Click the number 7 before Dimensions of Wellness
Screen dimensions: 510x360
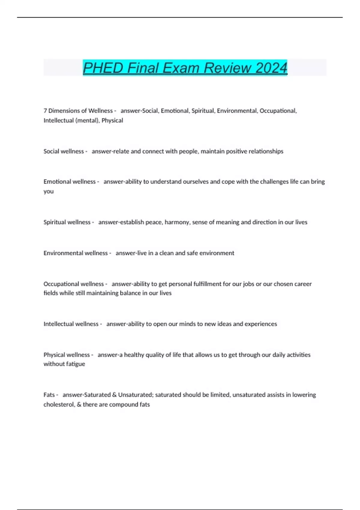pos(45,111)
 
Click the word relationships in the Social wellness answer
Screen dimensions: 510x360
pos(267,151)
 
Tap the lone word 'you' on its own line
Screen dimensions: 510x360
pos(48,191)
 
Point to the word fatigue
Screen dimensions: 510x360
pos(75,364)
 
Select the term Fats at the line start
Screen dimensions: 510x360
pos(49,395)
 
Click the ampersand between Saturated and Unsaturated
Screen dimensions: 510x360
pos(114,395)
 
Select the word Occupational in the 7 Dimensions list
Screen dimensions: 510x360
pos(278,111)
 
